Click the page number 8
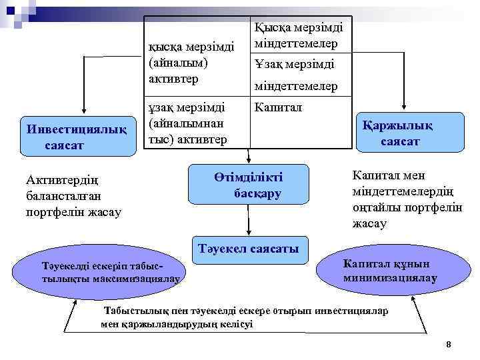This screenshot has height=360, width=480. (x=449, y=344)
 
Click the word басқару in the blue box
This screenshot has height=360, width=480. (x=257, y=193)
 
